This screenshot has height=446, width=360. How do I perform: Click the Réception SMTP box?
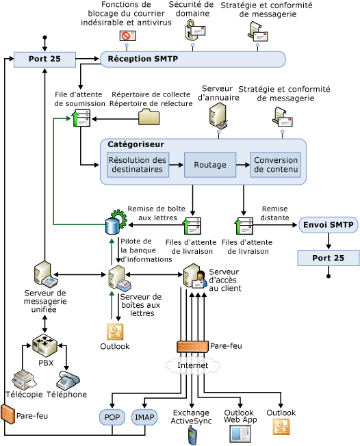point(193,59)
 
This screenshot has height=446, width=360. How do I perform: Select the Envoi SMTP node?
point(328,224)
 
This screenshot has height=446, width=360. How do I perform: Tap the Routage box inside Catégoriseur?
point(210,165)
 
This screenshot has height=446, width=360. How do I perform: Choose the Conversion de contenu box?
point(276,165)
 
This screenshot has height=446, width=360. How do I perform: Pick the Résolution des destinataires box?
point(138,165)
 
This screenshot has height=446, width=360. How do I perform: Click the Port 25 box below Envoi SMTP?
point(328,258)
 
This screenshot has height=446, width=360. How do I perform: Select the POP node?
point(112,417)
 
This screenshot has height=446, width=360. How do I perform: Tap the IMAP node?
point(144,417)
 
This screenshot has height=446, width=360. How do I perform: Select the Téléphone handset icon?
point(68,380)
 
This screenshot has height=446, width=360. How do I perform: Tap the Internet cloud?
point(193,365)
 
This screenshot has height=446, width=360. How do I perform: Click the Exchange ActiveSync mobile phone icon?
point(192,436)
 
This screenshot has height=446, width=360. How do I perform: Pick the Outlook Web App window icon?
point(240,434)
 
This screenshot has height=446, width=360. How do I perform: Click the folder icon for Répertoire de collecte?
point(149,117)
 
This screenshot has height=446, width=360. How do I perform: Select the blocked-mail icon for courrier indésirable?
point(127,36)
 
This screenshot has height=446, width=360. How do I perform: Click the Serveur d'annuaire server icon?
point(218,115)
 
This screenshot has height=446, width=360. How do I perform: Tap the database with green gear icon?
point(115,222)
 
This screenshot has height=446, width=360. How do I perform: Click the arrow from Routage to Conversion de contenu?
point(243,165)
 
